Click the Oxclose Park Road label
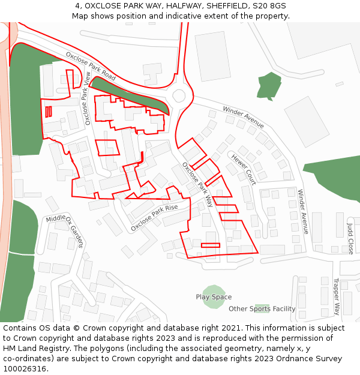(x=91, y=66)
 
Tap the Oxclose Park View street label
(x=88, y=98)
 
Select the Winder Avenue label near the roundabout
(x=243, y=117)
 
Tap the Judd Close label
(x=350, y=239)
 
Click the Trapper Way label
(x=337, y=296)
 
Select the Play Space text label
(x=214, y=297)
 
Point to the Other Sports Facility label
(x=262, y=309)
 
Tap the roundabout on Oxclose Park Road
(x=179, y=95)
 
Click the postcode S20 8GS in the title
(x=269, y=6)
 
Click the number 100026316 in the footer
(x=25, y=369)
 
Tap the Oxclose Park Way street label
(x=197, y=184)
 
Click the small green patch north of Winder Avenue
(x=269, y=85)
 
